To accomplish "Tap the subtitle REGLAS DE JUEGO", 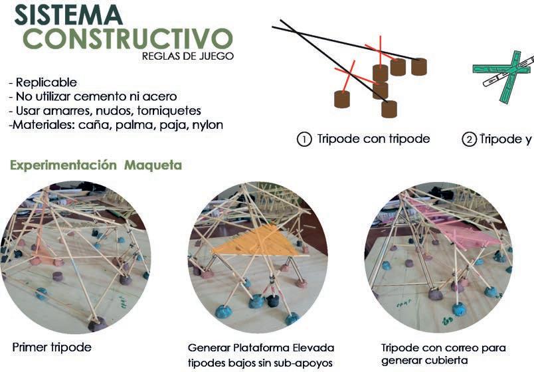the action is point(188,56).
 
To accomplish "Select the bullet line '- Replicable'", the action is point(43,83).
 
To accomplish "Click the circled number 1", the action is point(304,140).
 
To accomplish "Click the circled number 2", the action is point(469,140).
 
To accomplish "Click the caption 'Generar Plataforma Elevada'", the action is point(261,348).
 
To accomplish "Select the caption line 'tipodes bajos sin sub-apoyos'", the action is point(260,362).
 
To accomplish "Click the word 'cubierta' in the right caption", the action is point(452,361).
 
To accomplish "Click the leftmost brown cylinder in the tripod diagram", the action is point(342,100).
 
